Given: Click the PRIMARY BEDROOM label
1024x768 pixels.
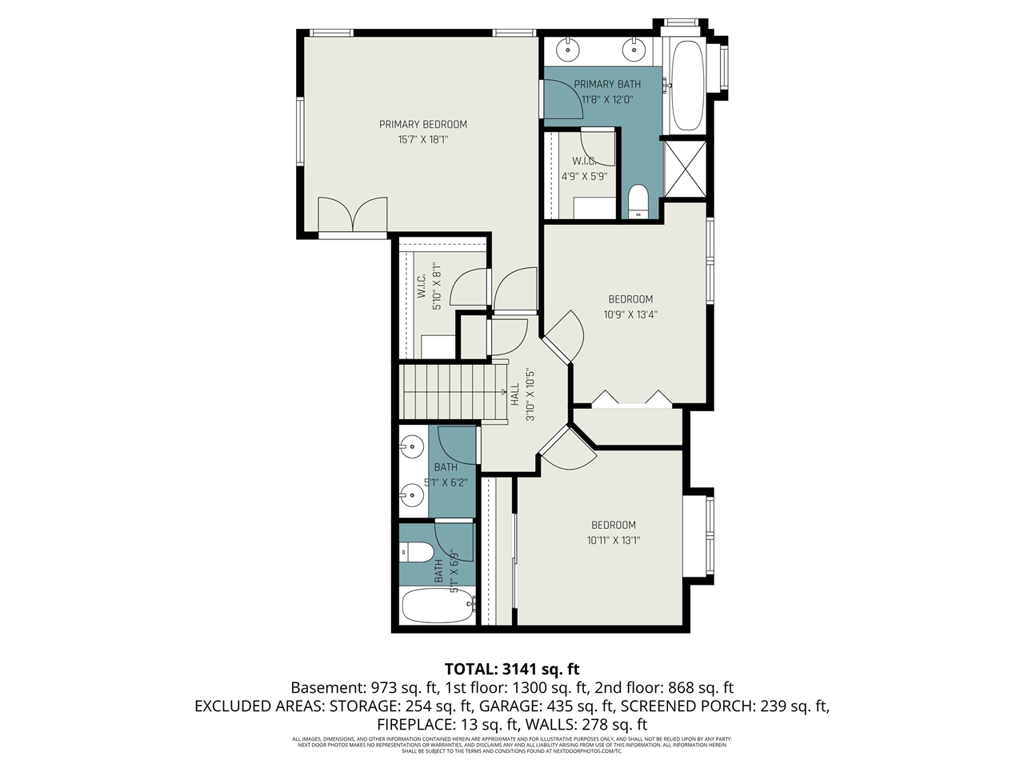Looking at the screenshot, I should pos(422,124).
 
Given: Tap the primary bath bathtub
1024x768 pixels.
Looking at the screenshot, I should pos(685,86).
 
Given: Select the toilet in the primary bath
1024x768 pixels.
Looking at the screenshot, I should pos(638,201).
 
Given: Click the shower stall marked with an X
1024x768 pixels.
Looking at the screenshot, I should pos(686,169).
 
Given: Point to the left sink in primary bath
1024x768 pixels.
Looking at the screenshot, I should pos(568,49).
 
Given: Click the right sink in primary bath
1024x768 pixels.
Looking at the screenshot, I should pos(634,49).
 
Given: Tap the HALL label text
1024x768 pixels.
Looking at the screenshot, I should pos(514,394).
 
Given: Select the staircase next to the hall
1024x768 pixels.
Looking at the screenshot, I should pos(453,390).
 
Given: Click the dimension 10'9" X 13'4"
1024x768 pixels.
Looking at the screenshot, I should pos(630,314).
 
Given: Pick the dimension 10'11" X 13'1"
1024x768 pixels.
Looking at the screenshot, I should pos(614,540).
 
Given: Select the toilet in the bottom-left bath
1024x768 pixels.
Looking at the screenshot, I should pos(416,552).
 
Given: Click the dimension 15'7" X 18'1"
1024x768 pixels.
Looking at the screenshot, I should pos(422,139).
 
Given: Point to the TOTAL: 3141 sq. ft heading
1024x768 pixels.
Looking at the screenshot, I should pos(512,669).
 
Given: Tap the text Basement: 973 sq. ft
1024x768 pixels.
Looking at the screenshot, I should pos(364,687).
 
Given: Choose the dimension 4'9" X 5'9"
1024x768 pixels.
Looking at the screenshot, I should pos(584,176).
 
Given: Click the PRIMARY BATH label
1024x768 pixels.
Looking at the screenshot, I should pos(607,84).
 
